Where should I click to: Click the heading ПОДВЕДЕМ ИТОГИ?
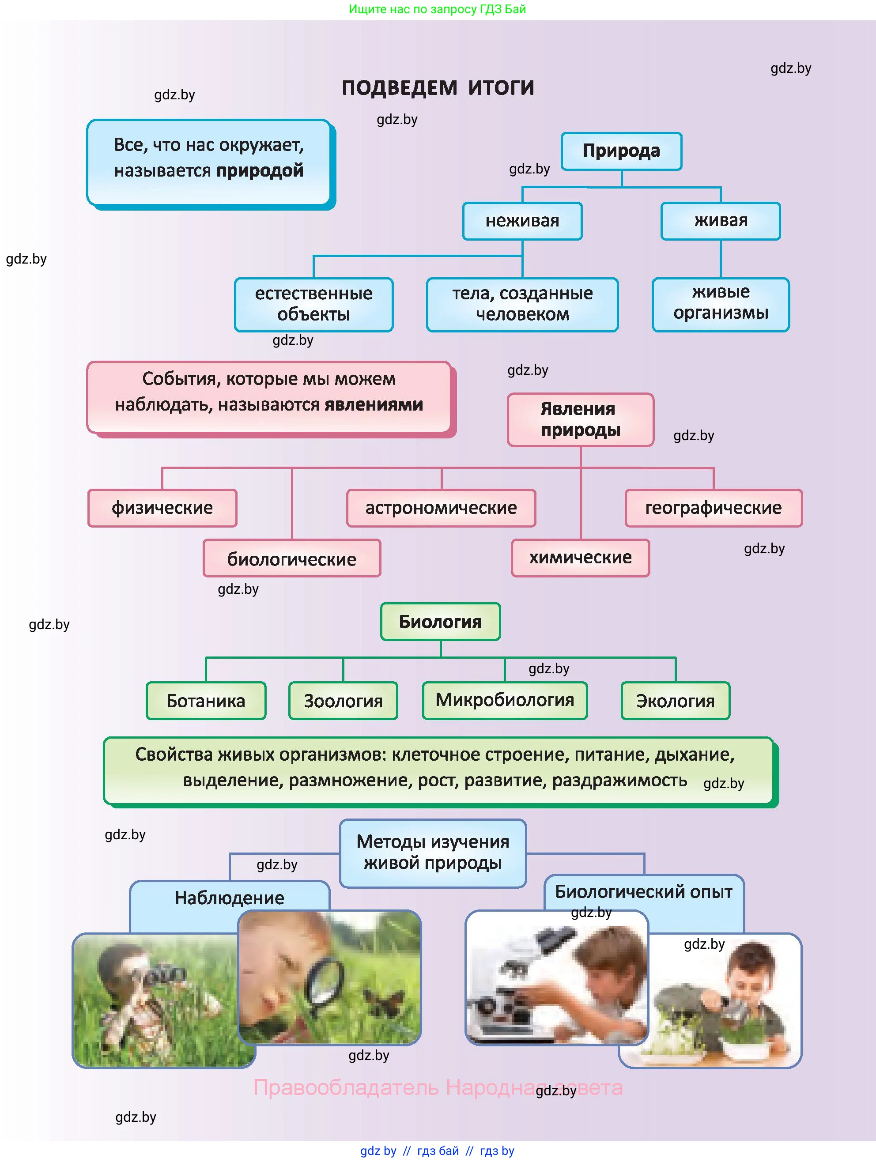pyautogui.click(x=438, y=88)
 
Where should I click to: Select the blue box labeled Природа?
pyautogui.click(x=621, y=151)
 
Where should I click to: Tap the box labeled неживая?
pyautogui.click(x=522, y=221)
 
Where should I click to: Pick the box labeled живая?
pyautogui.click(x=721, y=221)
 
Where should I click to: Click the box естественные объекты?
pyautogui.click(x=314, y=305)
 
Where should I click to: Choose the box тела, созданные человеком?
pyautogui.click(x=522, y=305)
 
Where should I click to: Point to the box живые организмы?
pyautogui.click(x=721, y=304)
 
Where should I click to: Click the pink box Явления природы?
pyautogui.click(x=580, y=420)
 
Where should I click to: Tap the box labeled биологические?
pyautogui.click(x=292, y=558)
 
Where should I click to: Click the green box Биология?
pyautogui.click(x=440, y=622)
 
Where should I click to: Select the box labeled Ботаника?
pyautogui.click(x=206, y=701)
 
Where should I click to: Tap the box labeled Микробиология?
pyautogui.click(x=505, y=700)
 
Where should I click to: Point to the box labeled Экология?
pyautogui.click(x=675, y=701)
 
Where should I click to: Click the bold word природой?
pyautogui.click(x=260, y=171)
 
